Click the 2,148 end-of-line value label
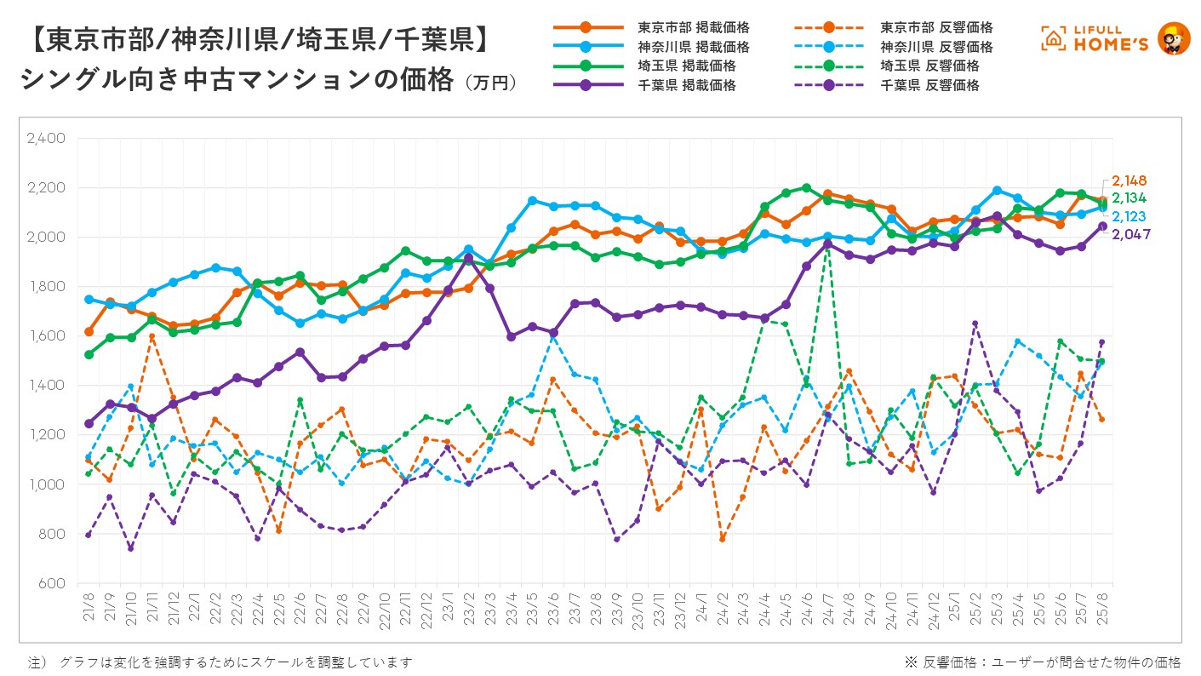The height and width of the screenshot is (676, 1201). tap(1130, 180)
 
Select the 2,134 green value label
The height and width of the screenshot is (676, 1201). tap(1130, 198)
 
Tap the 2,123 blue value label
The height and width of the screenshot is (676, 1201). tap(1130, 216)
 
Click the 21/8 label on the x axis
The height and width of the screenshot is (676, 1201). tap(89, 607)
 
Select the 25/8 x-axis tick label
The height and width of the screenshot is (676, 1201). tap(1102, 607)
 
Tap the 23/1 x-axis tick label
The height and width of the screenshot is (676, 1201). tap(449, 607)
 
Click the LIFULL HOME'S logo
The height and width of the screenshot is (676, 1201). tap(1115, 38)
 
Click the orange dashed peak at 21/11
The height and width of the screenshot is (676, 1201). tap(152, 336)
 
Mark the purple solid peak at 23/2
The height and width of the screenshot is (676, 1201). tap(469, 258)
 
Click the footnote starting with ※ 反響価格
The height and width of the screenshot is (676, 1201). tap(1042, 662)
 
